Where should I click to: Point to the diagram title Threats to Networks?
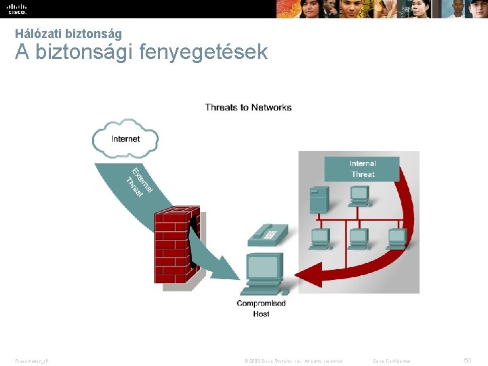(248, 107)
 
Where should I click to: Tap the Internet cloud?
(125, 139)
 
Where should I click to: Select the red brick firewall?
(176, 245)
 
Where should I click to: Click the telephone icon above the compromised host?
(269, 234)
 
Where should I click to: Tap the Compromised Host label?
(261, 308)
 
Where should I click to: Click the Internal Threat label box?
(362, 169)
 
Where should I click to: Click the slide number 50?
(467, 360)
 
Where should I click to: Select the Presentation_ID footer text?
(32, 361)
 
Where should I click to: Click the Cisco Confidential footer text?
(392, 361)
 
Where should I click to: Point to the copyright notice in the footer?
(293, 361)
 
